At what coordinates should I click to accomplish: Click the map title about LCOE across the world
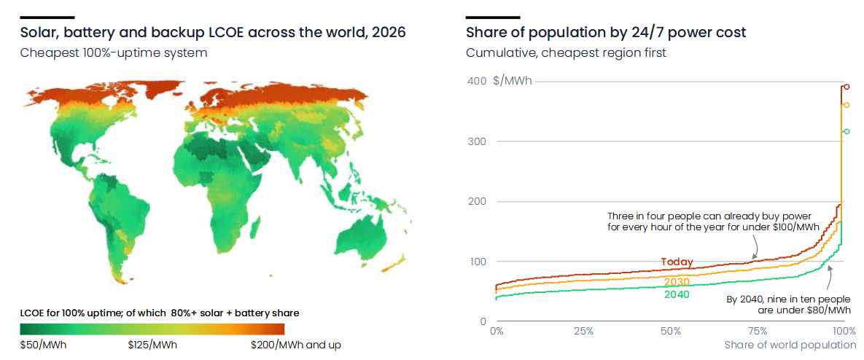pyautogui.click(x=213, y=33)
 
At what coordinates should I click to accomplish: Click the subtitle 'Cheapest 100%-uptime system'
pyautogui.click(x=114, y=53)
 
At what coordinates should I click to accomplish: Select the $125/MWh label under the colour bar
pyautogui.click(x=152, y=345)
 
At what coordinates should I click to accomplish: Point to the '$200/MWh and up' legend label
pyautogui.click(x=296, y=345)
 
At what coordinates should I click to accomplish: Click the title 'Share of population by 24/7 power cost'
pyautogui.click(x=606, y=33)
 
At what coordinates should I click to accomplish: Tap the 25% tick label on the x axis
pyautogui.click(x=583, y=332)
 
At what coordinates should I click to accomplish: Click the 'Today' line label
pyautogui.click(x=677, y=262)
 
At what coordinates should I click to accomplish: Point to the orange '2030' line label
pyautogui.click(x=677, y=282)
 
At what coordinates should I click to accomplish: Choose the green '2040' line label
pyautogui.click(x=677, y=294)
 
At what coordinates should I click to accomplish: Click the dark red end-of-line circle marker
pyautogui.click(x=847, y=87)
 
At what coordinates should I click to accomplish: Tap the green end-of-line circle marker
pyautogui.click(x=847, y=131)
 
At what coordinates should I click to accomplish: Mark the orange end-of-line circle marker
pyautogui.click(x=847, y=105)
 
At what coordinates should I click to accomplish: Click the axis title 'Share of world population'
pyautogui.click(x=790, y=345)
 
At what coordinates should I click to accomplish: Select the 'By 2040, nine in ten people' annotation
pyautogui.click(x=788, y=305)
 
